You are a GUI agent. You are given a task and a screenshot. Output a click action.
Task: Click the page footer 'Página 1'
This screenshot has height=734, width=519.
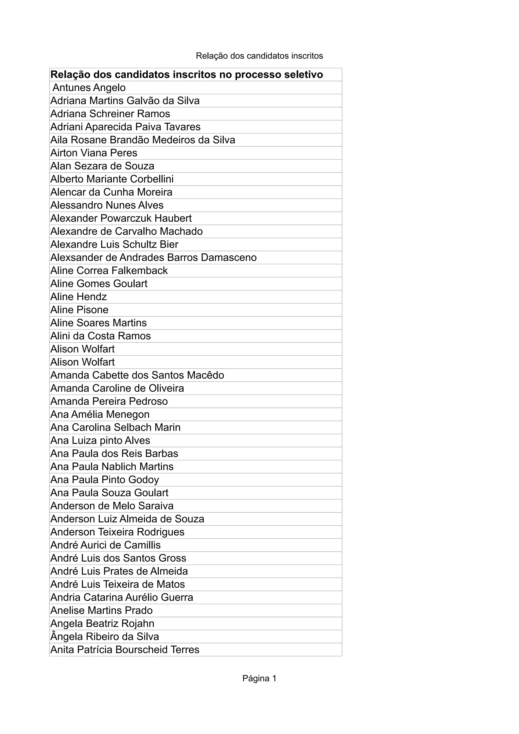coord(259,678)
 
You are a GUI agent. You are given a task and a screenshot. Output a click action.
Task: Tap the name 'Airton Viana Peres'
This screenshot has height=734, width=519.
coord(94,153)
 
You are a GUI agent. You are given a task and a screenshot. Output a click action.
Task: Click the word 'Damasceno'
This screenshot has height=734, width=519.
coord(229,257)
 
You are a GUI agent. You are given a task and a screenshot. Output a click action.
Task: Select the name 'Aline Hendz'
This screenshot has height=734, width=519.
coord(78,297)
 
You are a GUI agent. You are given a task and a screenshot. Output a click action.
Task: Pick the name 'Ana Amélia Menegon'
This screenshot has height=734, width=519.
coord(100,414)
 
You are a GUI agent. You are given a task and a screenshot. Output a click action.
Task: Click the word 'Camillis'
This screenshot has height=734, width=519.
coord(142,545)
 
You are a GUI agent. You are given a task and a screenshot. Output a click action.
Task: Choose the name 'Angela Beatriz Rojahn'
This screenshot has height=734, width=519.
coord(102,623)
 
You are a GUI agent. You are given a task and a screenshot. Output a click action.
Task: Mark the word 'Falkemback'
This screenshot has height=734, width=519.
coord(139,271)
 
